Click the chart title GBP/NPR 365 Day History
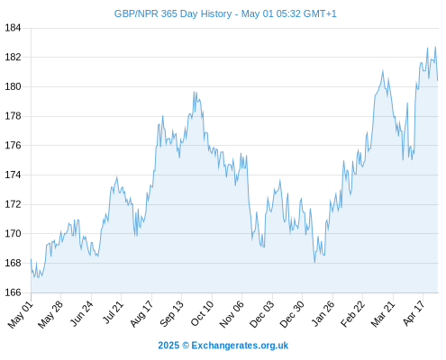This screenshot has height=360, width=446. click(x=173, y=13)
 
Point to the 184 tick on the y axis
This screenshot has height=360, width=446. click(x=13, y=28)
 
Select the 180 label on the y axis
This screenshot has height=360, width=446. click(x=13, y=86)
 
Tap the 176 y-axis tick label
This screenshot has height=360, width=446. click(x=13, y=146)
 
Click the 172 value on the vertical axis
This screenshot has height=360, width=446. click(x=13, y=204)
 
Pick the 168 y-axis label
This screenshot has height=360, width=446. click(x=13, y=263)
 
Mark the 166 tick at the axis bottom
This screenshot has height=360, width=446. click(x=13, y=292)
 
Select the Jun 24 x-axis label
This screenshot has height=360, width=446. click(x=81, y=313)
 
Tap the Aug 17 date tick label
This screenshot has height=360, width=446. click(x=141, y=313)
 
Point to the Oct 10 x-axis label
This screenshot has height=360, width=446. click(x=202, y=313)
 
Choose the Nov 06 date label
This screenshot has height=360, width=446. click(x=232, y=314)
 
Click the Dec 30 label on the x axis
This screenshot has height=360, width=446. click(x=292, y=314)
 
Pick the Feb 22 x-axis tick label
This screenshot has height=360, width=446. click(x=352, y=313)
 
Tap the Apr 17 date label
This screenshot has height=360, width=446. click(x=414, y=313)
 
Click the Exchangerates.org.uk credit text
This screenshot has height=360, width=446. click(x=240, y=346)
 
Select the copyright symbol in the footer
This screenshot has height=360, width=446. click(x=186, y=346)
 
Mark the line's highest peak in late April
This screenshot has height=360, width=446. click(x=435, y=47)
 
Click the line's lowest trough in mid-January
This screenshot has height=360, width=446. click(x=314, y=263)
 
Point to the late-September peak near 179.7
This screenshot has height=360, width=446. click(x=194, y=92)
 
